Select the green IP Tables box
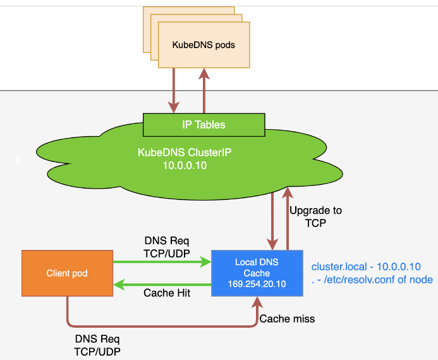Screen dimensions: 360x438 tap(204, 125)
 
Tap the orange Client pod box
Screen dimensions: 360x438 tap(66, 274)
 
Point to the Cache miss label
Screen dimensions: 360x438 tap(287, 319)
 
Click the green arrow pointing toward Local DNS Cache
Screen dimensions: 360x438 tap(161, 260)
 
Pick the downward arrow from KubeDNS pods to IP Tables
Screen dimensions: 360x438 tap(173, 89)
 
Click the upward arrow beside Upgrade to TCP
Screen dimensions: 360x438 tap(288, 218)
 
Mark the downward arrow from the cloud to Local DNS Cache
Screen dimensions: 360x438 tap(273, 218)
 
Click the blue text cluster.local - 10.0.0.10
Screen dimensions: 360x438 tap(366, 267)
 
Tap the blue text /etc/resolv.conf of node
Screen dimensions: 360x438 tap(377, 280)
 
